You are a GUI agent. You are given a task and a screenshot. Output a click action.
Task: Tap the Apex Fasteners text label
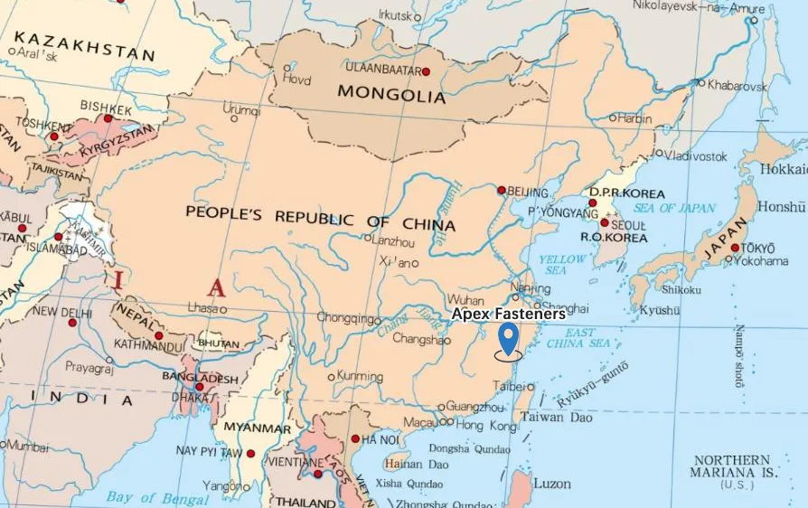tap(509, 314)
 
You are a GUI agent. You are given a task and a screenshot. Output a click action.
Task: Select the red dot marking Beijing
tap(502, 190)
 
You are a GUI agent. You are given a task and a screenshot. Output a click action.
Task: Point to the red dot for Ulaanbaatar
tap(426, 71)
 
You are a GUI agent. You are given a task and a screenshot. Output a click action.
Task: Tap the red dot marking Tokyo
tap(736, 248)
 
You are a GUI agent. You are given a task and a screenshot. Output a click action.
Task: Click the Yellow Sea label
tap(562, 265)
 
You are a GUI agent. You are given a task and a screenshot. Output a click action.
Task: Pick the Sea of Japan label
tap(668, 209)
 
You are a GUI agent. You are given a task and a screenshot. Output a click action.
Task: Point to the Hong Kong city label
tap(484, 424)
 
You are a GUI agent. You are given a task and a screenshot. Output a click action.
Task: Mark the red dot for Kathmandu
tap(158, 336)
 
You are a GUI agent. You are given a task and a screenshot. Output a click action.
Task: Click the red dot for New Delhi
tap(72, 323)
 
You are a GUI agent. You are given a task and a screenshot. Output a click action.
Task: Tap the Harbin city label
tap(634, 118)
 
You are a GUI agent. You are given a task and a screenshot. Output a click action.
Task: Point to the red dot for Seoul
tap(604, 222)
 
